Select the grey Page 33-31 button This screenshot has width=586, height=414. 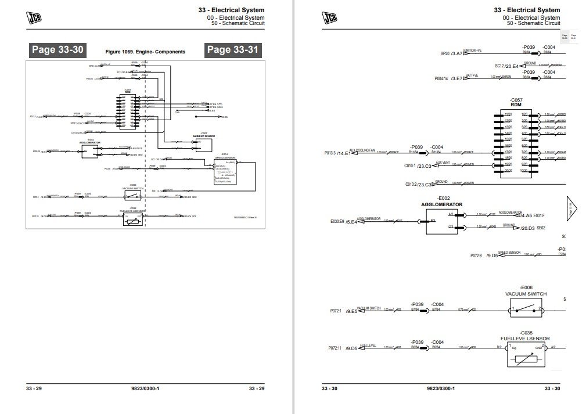tap(233, 50)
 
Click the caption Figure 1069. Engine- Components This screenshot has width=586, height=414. tap(145, 52)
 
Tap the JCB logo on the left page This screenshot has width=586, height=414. tap(34, 18)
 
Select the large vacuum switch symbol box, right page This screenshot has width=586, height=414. tap(526, 308)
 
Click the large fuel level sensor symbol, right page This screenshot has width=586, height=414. tap(526, 355)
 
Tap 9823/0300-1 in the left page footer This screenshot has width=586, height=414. tap(145, 388)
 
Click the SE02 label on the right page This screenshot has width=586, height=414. tap(541, 228)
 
